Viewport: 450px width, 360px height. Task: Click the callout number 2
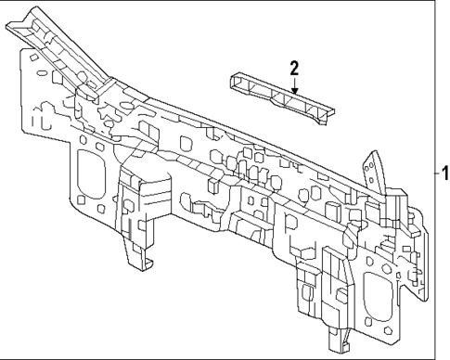[x=294, y=68]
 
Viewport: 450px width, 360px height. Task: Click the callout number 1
[x=444, y=174]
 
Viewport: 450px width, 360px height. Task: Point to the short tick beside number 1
[x=437, y=174]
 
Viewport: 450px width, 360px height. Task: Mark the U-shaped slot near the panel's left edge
[x=37, y=121]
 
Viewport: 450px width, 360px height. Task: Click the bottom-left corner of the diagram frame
[x=3, y=356]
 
